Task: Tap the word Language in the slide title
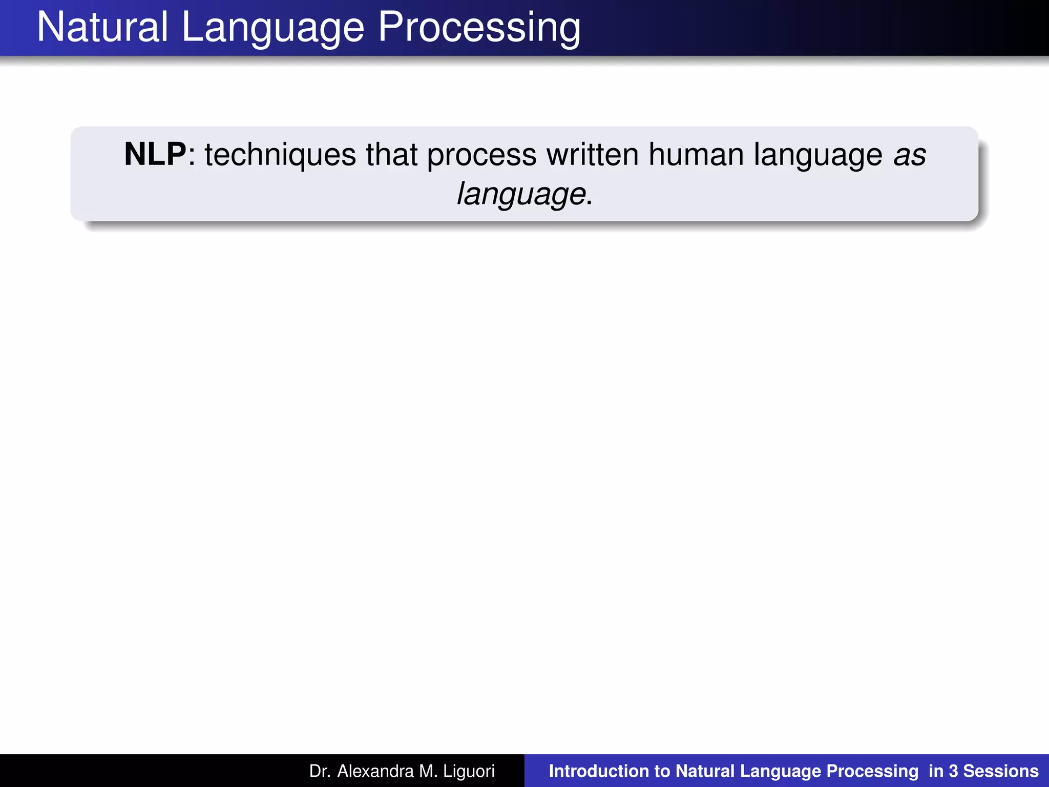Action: [272, 29]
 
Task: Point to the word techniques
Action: [280, 155]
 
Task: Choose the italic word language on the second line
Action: [521, 195]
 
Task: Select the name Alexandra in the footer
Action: [375, 771]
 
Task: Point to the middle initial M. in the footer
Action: [428, 771]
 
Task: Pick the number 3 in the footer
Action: [953, 771]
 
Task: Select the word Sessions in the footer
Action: [1001, 771]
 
